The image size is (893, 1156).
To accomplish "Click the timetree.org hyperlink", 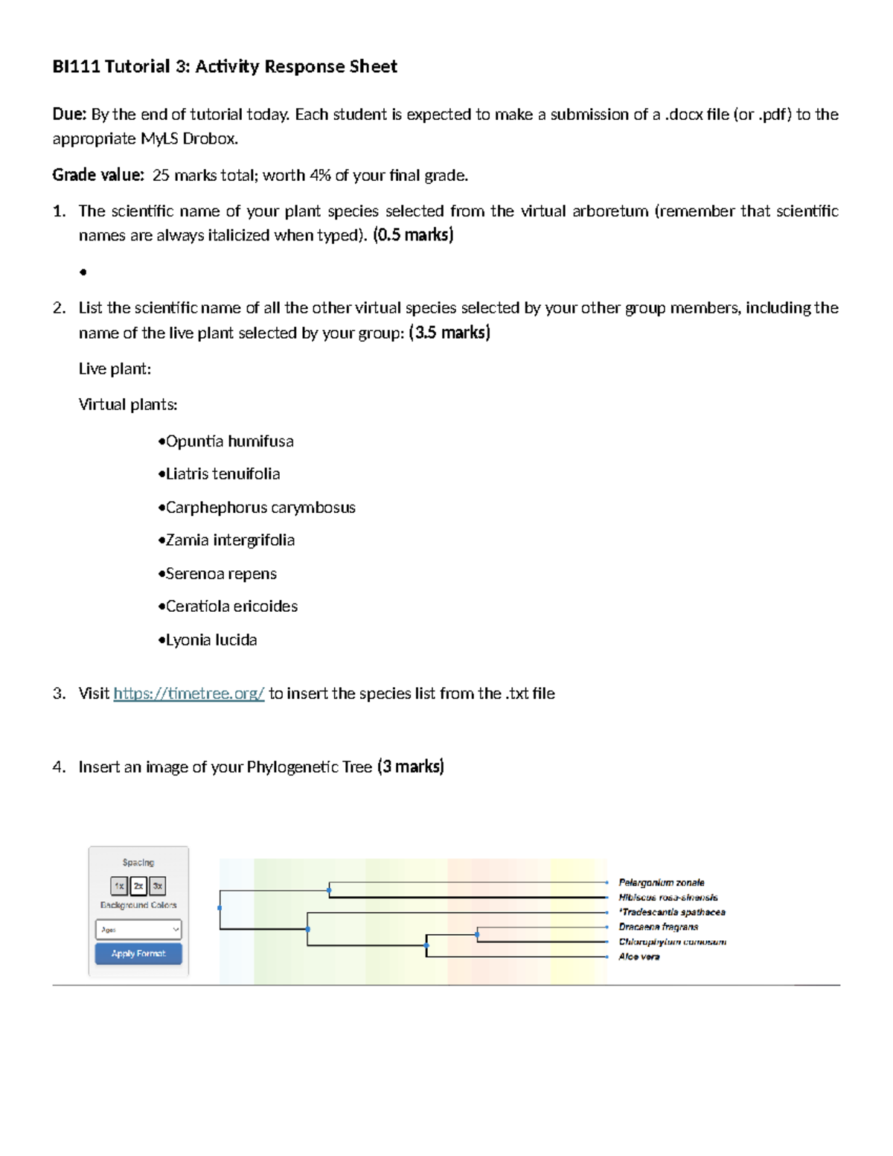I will pyautogui.click(x=188, y=694).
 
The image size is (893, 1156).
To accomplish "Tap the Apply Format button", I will pyautogui.click(x=138, y=954).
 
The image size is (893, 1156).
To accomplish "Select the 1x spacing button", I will pyautogui.click(x=119, y=886).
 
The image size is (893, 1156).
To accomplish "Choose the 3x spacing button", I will pyautogui.click(x=157, y=886).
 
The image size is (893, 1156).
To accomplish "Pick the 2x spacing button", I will pyautogui.click(x=138, y=886).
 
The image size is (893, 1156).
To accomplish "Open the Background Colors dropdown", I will pyautogui.click(x=138, y=929).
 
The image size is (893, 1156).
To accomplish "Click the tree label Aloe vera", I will pyautogui.click(x=638, y=957).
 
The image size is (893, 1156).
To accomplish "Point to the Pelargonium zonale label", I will pyautogui.click(x=661, y=882).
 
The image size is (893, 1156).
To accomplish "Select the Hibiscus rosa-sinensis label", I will pyautogui.click(x=668, y=897).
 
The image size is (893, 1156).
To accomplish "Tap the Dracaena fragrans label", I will pyautogui.click(x=658, y=927).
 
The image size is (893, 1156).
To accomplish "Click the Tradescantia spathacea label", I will pyautogui.click(x=672, y=912).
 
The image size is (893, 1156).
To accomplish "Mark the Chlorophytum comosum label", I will pyautogui.click(x=672, y=942).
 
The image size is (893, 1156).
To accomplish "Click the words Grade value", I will pyautogui.click(x=97, y=175).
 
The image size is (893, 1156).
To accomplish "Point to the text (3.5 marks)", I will pyautogui.click(x=449, y=333).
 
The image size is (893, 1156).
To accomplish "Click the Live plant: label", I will pyautogui.click(x=115, y=369).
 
